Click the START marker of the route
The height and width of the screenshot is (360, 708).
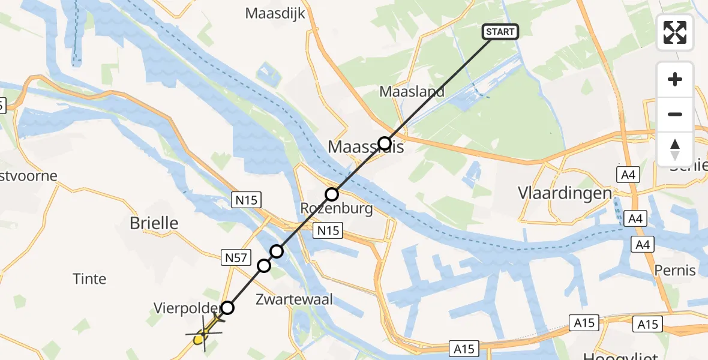(x=500, y=32)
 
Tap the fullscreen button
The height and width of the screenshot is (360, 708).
(x=675, y=32)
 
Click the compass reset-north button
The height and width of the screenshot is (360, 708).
(x=675, y=149)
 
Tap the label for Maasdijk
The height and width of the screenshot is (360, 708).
(x=275, y=14)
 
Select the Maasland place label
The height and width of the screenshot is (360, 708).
(x=412, y=92)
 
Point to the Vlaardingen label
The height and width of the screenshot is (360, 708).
(x=565, y=193)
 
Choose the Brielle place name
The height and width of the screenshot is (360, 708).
(x=154, y=223)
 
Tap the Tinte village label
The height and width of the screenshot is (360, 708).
(x=89, y=278)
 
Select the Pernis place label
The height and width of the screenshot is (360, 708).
(x=676, y=270)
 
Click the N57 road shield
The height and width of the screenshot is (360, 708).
(x=235, y=258)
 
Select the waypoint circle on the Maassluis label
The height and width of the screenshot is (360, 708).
(x=384, y=143)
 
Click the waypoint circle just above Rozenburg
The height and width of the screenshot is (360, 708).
(x=332, y=194)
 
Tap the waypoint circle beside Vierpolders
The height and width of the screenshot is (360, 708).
(x=227, y=308)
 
